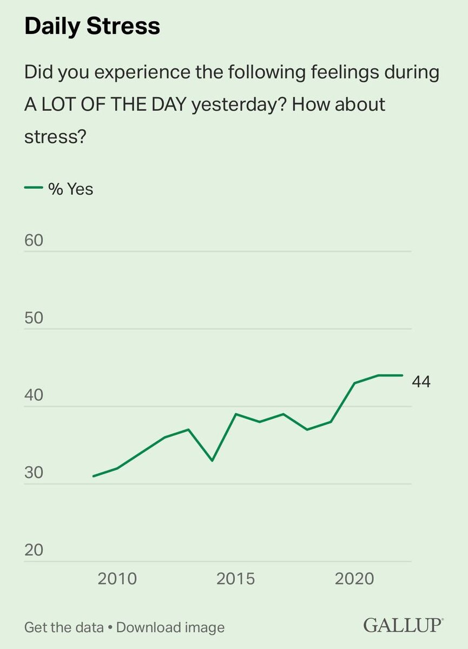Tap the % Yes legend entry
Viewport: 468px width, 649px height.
[x=59, y=189]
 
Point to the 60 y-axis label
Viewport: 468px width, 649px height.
[x=34, y=240]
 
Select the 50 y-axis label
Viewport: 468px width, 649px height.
[x=34, y=317]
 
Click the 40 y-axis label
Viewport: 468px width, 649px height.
[x=34, y=395]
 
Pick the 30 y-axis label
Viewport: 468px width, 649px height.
[x=34, y=473]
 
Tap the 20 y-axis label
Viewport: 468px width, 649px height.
[x=34, y=550]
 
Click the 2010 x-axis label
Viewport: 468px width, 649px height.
[x=117, y=579]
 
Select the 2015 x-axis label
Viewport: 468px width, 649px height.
[x=235, y=579]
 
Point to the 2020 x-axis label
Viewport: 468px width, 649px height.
[x=354, y=579]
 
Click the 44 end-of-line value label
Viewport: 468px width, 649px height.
[x=421, y=382]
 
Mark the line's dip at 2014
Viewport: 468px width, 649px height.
[x=212, y=461]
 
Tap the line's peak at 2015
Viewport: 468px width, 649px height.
[x=236, y=414]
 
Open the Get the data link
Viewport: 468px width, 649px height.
[x=64, y=627]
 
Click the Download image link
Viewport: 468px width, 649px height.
[x=170, y=627]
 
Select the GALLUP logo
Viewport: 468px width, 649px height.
[x=403, y=626]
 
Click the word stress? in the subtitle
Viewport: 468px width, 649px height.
[x=56, y=136]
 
